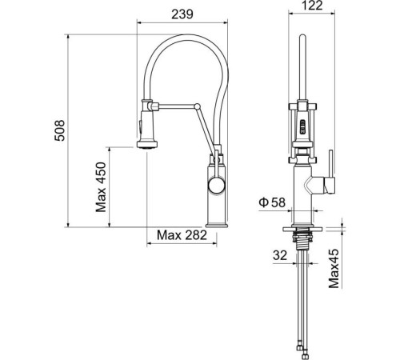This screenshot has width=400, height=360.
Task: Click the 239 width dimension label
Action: (184, 12)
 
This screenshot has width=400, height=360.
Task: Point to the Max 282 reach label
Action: (182, 236)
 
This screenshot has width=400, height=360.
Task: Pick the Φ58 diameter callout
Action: (273, 203)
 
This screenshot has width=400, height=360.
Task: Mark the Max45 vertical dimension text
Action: (334, 267)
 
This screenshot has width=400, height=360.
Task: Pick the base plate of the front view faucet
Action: (302, 227)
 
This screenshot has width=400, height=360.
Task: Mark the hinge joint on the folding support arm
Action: (200, 105)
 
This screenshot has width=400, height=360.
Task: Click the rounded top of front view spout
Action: (302, 38)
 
